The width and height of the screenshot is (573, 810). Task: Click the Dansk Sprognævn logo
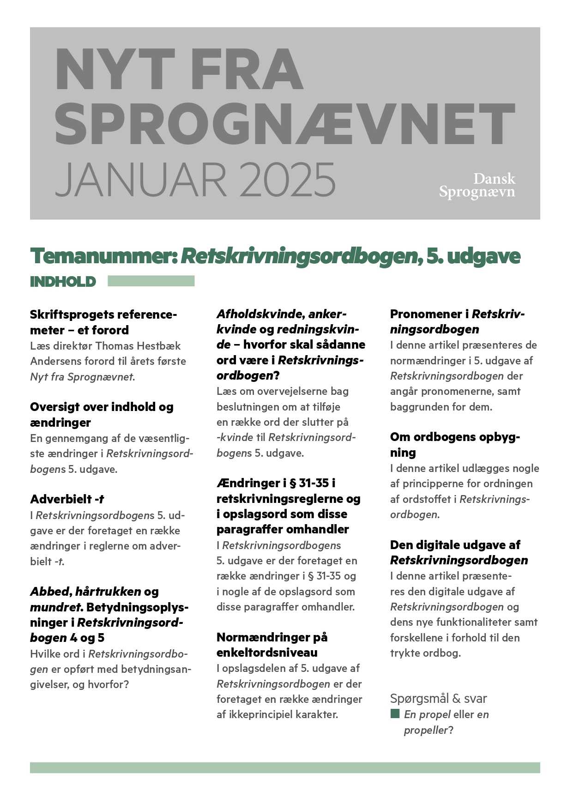point(477,185)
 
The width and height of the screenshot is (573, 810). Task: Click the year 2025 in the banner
point(287,180)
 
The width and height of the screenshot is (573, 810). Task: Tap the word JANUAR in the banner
point(141,180)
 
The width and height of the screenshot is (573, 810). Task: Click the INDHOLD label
point(63,282)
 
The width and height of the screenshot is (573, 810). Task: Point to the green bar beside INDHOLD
point(151,281)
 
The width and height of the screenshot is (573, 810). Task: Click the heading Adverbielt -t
point(67,499)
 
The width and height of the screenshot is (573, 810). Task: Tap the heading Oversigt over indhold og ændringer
point(102,414)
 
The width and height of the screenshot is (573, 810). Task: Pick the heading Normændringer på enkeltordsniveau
point(272,645)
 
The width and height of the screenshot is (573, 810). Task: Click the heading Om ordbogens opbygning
point(455,444)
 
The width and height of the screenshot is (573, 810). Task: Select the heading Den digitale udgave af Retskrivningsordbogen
point(459,552)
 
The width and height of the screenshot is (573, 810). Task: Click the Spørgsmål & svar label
point(438,698)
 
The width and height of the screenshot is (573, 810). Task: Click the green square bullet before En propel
point(395,714)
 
